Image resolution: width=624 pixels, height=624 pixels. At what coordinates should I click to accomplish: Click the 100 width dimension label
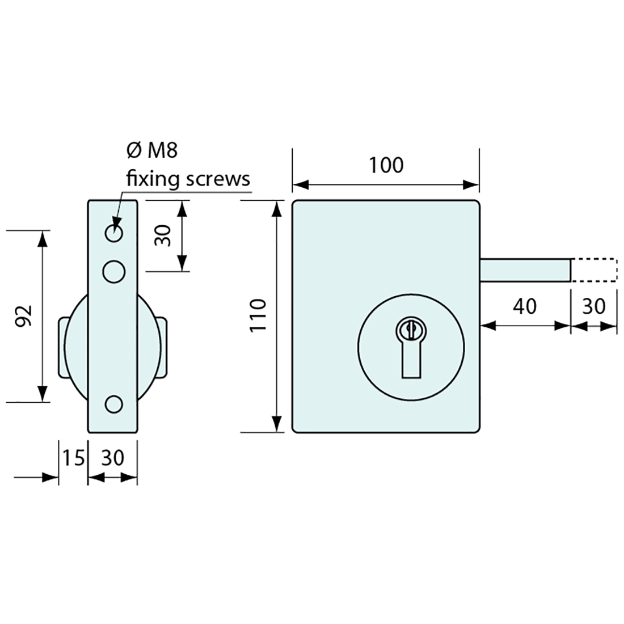(x=386, y=165)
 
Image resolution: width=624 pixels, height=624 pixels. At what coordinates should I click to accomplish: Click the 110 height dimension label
(x=258, y=316)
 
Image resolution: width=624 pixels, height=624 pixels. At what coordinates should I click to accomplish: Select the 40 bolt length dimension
(x=524, y=306)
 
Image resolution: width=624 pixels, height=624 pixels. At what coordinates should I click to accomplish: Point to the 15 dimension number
(x=73, y=458)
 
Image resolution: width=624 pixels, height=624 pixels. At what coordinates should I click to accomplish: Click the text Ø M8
(x=151, y=151)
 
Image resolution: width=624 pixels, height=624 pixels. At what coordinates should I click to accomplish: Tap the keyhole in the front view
(x=411, y=346)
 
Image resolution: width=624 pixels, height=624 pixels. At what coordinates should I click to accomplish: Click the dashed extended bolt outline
(x=593, y=269)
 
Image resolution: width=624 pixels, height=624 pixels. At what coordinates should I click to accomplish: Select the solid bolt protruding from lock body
(x=525, y=269)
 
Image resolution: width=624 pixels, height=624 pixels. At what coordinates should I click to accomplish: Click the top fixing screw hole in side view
(x=114, y=233)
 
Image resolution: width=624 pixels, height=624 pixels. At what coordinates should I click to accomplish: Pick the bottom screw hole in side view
(x=114, y=403)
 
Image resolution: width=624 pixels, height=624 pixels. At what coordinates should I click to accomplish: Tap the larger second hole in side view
(x=114, y=271)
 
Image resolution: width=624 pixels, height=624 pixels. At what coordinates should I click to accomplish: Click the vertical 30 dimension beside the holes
(x=163, y=234)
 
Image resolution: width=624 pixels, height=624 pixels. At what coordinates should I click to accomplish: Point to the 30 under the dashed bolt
(x=594, y=306)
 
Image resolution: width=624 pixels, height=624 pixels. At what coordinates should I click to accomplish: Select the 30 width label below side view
(x=112, y=458)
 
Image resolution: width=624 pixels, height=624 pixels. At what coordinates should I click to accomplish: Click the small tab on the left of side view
(x=62, y=346)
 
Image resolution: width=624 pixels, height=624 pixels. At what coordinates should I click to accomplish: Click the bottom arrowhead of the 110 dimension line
(x=276, y=424)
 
